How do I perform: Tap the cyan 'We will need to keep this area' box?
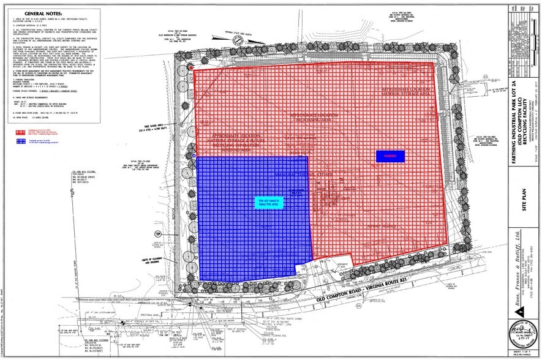268,203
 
